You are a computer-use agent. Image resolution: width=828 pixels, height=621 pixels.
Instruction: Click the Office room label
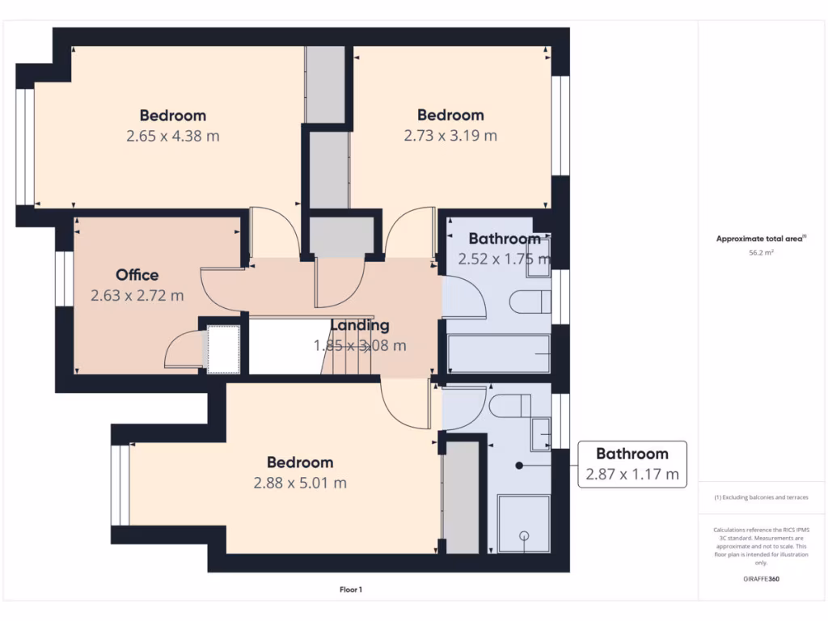click(x=137, y=275)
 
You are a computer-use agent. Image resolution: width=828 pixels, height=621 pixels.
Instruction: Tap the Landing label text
click(x=360, y=325)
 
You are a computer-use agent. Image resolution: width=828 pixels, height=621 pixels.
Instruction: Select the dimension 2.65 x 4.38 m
click(x=172, y=136)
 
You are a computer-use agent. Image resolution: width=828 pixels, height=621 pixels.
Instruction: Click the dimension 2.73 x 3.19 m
click(x=450, y=136)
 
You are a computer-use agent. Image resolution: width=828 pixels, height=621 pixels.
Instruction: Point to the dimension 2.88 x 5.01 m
click(x=300, y=484)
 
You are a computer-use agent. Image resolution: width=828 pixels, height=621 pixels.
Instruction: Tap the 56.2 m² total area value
click(x=760, y=252)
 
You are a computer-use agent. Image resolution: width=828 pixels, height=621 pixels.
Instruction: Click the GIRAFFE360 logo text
click(x=761, y=579)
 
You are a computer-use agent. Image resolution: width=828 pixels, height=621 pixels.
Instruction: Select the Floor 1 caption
click(x=351, y=590)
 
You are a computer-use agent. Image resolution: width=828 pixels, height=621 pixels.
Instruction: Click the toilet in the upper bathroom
click(x=530, y=302)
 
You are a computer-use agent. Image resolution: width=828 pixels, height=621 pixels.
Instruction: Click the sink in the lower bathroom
click(x=541, y=434)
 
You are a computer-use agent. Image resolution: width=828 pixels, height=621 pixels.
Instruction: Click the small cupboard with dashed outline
click(x=223, y=349)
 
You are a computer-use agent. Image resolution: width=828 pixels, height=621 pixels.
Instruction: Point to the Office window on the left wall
click(x=61, y=279)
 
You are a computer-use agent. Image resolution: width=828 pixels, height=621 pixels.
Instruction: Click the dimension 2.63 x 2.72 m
click(x=137, y=296)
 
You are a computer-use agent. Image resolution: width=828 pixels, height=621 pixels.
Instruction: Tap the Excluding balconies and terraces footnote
click(x=760, y=497)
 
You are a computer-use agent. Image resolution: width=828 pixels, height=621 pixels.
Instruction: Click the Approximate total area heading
click(x=760, y=239)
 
